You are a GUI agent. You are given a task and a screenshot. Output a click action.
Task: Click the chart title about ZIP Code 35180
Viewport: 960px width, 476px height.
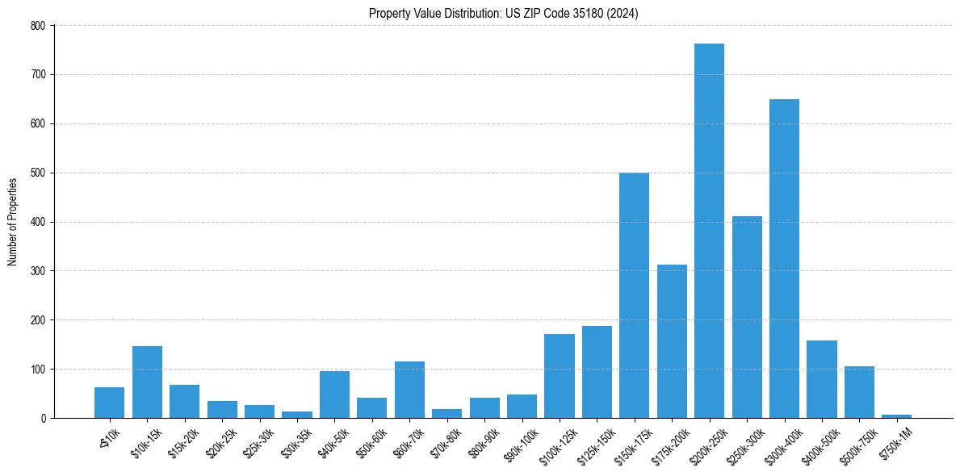click(x=504, y=14)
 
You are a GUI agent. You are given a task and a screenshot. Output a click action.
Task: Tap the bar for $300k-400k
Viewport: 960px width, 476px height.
click(x=784, y=258)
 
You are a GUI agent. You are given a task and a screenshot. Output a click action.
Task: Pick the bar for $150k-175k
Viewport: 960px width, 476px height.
click(x=634, y=295)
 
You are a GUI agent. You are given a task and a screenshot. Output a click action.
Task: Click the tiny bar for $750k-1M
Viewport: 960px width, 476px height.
click(x=896, y=415)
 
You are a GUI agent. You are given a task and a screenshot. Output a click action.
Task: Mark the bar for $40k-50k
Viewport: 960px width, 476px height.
click(x=334, y=395)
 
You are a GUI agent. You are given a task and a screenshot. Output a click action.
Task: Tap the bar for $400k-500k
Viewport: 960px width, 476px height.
click(x=821, y=379)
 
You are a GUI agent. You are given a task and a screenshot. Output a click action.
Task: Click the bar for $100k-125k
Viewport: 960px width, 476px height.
click(x=559, y=376)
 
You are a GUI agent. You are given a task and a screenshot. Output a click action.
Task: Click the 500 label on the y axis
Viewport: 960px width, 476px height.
click(x=39, y=173)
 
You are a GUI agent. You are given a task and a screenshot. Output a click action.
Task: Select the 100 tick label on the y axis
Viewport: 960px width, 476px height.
click(x=39, y=370)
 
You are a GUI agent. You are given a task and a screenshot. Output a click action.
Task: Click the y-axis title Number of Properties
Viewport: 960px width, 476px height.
click(x=13, y=222)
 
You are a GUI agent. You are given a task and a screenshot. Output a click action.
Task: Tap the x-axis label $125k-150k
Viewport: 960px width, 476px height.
click(x=592, y=443)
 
